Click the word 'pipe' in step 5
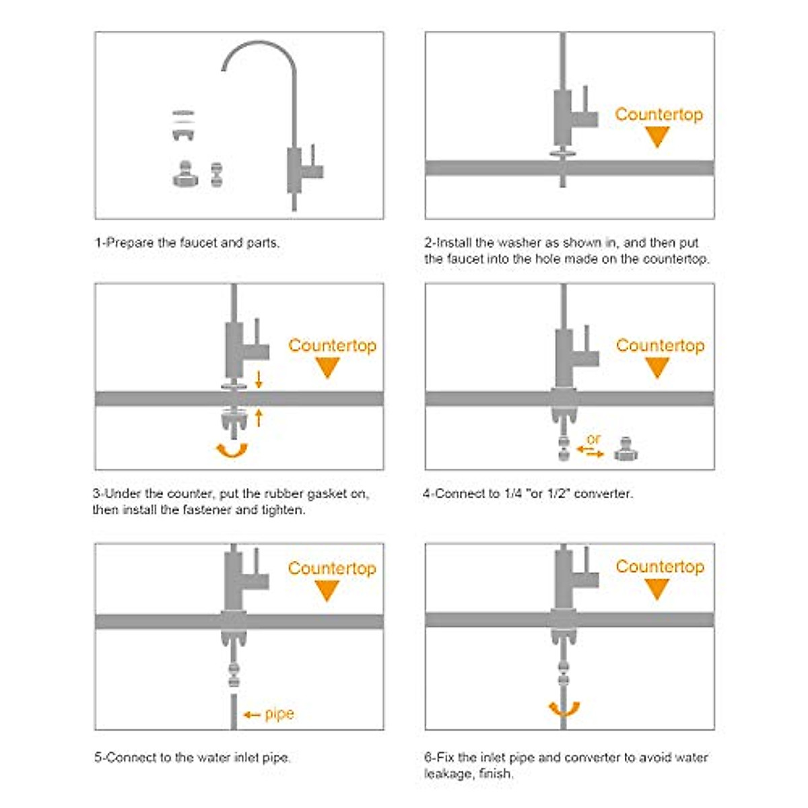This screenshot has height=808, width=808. (279, 714)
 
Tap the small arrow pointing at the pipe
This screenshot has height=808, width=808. (252, 714)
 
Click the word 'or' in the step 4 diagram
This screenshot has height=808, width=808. (594, 439)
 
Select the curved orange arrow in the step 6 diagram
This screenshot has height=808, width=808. (564, 710)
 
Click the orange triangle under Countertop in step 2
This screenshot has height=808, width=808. (657, 137)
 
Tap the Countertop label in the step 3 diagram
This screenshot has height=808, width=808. (333, 346)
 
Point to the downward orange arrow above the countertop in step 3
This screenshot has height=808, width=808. (259, 380)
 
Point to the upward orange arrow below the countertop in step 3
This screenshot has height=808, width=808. (259, 418)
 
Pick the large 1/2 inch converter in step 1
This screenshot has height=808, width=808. (185, 174)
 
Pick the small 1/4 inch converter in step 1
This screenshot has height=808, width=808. (216, 174)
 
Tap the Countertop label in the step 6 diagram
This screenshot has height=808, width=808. (660, 566)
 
